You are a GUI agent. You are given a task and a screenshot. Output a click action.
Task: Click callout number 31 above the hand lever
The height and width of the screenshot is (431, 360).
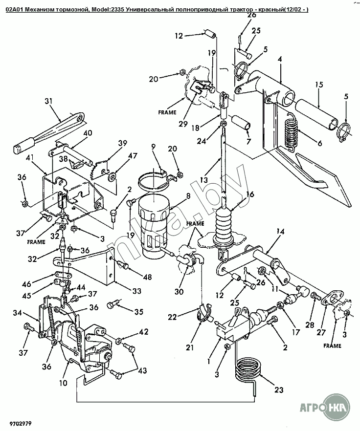click(48, 101)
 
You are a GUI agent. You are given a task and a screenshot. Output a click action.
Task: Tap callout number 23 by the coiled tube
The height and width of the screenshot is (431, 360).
click(278, 390)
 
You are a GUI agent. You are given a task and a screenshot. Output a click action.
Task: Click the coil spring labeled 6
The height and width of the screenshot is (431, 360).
click(292, 132)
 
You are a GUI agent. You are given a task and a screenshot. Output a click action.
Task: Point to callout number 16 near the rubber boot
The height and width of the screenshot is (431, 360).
click(249, 194)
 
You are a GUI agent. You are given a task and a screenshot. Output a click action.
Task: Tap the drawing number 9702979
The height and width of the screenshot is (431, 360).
click(21, 423)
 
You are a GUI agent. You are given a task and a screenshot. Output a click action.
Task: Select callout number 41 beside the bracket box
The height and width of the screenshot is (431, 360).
click(30, 158)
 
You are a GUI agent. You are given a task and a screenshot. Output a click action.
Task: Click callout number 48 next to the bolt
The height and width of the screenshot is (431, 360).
click(147, 277)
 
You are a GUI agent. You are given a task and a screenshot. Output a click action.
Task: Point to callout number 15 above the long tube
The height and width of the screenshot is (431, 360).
click(319, 85)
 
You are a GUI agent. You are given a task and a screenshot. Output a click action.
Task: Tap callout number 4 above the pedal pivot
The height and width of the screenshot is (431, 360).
click(280, 59)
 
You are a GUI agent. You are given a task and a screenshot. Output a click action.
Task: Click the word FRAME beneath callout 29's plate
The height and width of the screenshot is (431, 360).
click(167, 112)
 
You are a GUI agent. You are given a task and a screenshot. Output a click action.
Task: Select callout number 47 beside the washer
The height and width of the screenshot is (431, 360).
click(133, 155)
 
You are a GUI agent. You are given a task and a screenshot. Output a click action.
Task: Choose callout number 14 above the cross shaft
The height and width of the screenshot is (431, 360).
click(280, 232)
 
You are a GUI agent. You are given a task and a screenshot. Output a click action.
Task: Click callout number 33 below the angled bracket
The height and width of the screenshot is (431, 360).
click(136, 290)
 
